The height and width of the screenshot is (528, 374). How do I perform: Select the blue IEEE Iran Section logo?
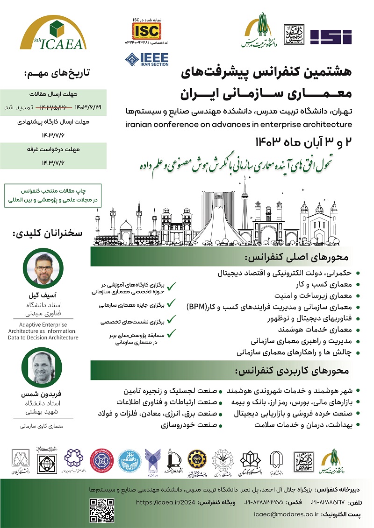[146, 60]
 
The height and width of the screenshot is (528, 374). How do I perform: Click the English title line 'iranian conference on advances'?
[238, 124]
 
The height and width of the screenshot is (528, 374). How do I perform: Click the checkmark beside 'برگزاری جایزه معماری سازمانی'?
[172, 304]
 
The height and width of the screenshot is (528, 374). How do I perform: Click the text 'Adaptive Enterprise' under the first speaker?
[43, 324]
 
